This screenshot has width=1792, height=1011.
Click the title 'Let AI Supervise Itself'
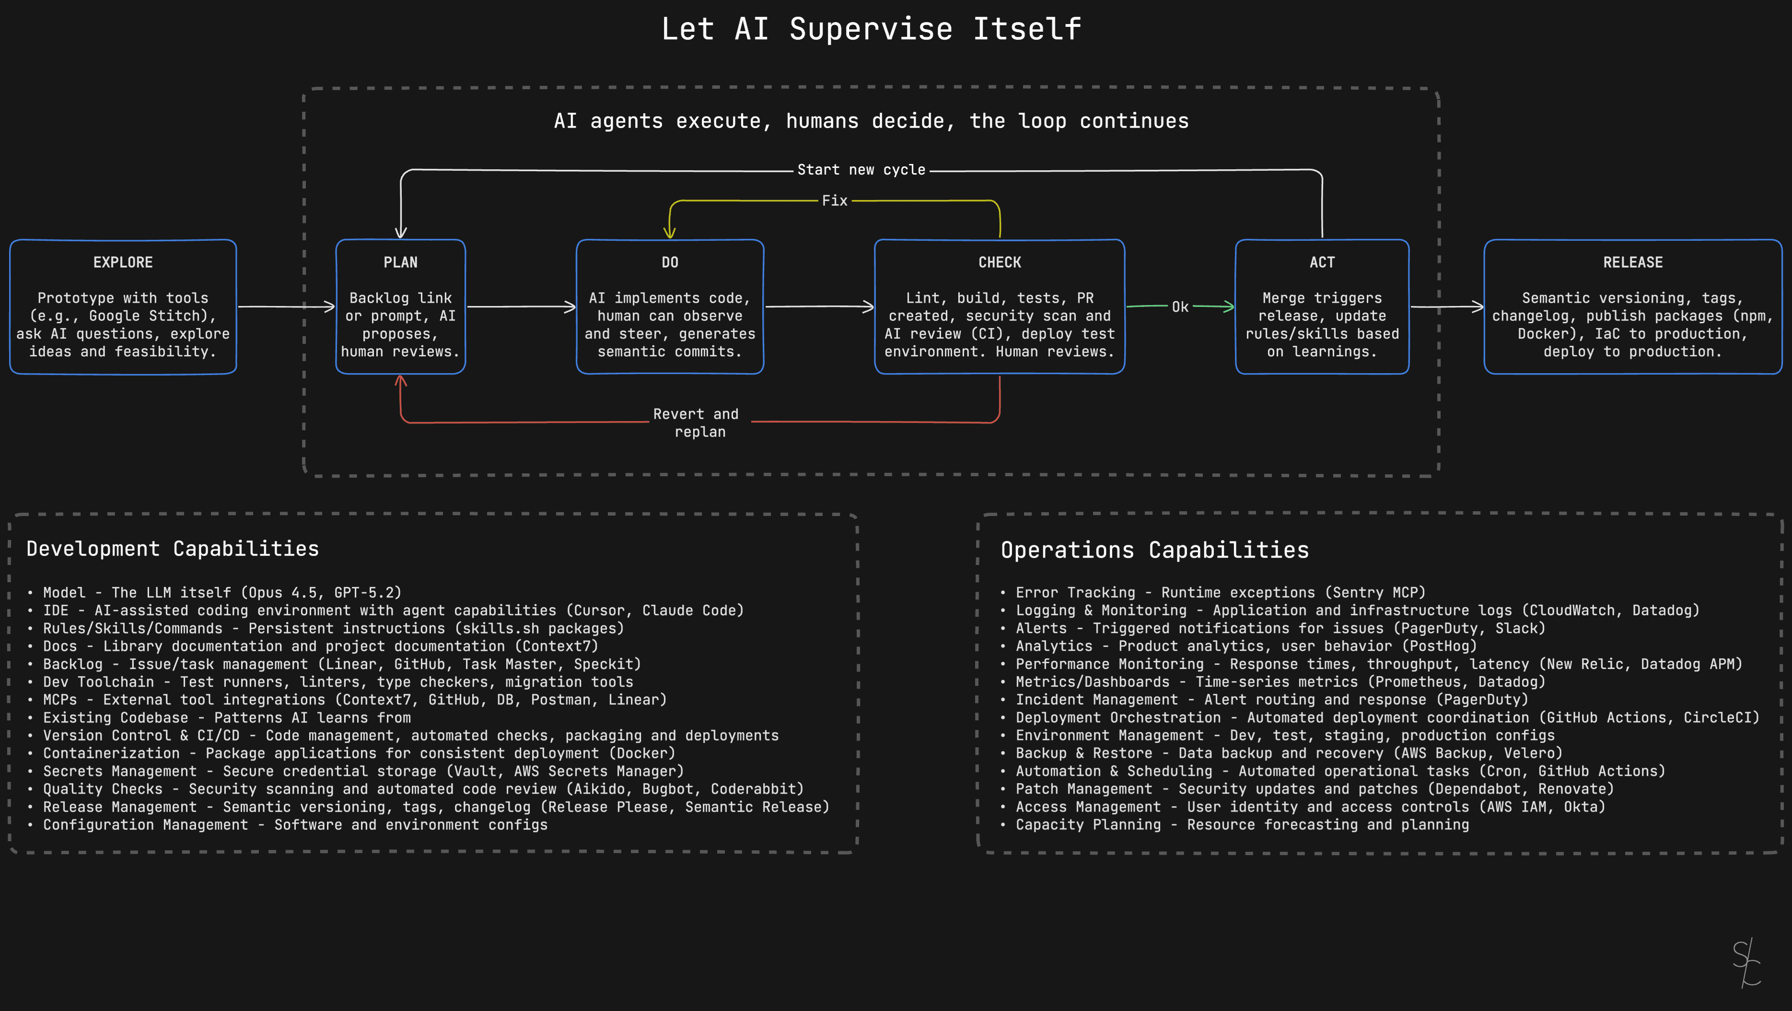871,29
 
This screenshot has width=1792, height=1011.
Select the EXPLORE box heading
123,262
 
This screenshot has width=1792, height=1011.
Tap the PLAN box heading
401,262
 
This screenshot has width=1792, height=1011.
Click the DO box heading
670,262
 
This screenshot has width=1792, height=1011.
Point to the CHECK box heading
1000,262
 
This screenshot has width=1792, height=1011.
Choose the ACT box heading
1322,262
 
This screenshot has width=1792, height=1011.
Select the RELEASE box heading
1633,262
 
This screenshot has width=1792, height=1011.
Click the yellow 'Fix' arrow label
835,201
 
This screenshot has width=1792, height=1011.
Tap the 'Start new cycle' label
861,170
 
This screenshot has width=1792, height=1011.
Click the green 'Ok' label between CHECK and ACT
1180,307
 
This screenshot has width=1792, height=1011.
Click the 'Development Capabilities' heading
173,549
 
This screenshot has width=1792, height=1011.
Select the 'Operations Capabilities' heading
1155,551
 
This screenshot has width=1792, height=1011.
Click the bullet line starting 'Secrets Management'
363,771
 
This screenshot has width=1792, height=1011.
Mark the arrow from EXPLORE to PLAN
286,306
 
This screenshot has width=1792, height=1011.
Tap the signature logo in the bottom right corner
1746,963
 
